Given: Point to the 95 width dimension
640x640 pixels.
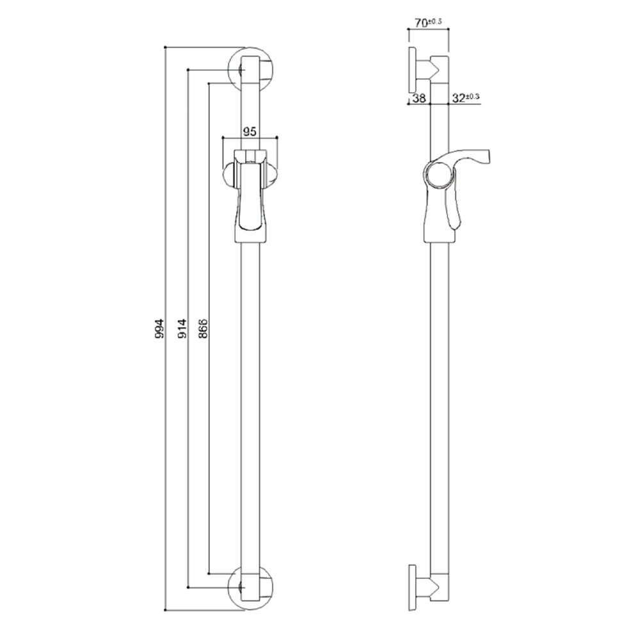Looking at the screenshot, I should (250, 131).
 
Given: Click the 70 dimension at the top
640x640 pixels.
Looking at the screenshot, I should (421, 23).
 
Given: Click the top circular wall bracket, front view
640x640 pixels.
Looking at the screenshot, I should (250, 68).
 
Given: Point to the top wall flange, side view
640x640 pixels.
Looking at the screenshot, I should (412, 68).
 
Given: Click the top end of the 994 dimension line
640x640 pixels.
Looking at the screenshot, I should (165, 47).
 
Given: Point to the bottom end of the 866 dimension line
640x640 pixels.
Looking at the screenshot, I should (209, 572).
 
